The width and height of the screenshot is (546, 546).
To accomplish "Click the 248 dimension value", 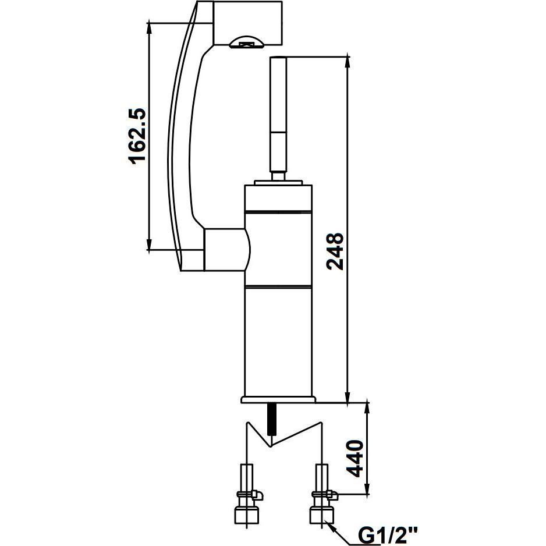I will point(336,251).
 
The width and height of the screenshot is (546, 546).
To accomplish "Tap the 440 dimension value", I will point(355,458).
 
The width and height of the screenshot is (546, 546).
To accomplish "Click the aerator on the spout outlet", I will point(247,42).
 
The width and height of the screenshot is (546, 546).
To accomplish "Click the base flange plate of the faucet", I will point(278,400).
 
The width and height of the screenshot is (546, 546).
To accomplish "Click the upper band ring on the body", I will point(278,211).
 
